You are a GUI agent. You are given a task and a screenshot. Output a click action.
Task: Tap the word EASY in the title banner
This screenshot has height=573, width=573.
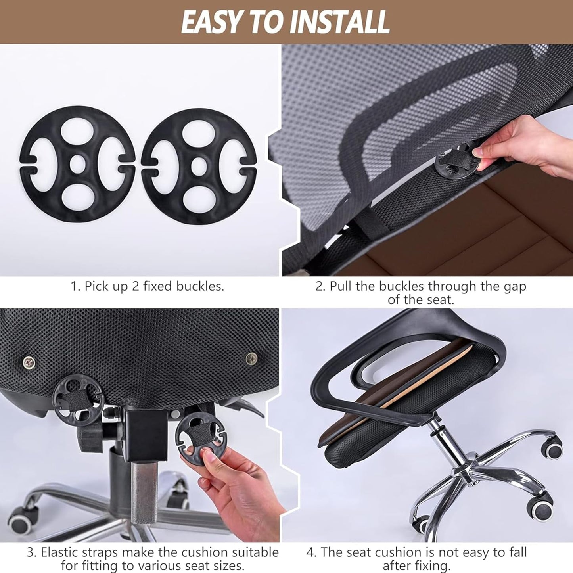[211, 21]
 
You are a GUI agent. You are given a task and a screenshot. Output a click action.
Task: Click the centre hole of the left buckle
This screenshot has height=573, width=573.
[78, 164]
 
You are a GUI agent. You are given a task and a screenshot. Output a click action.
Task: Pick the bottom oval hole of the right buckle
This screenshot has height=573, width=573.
[198, 199]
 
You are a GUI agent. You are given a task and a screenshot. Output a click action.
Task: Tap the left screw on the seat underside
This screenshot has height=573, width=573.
[29, 362]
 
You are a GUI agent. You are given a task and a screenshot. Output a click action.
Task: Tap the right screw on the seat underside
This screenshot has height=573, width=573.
[252, 358]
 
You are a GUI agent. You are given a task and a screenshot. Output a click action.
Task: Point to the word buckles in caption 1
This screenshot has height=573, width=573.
[200, 286]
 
